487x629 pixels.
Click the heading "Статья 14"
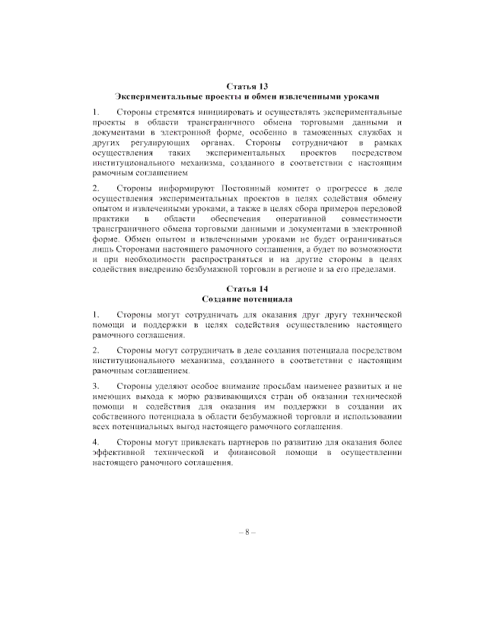click(247, 289)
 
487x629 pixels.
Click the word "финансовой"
click(259, 453)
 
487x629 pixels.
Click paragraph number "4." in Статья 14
click(96, 442)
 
